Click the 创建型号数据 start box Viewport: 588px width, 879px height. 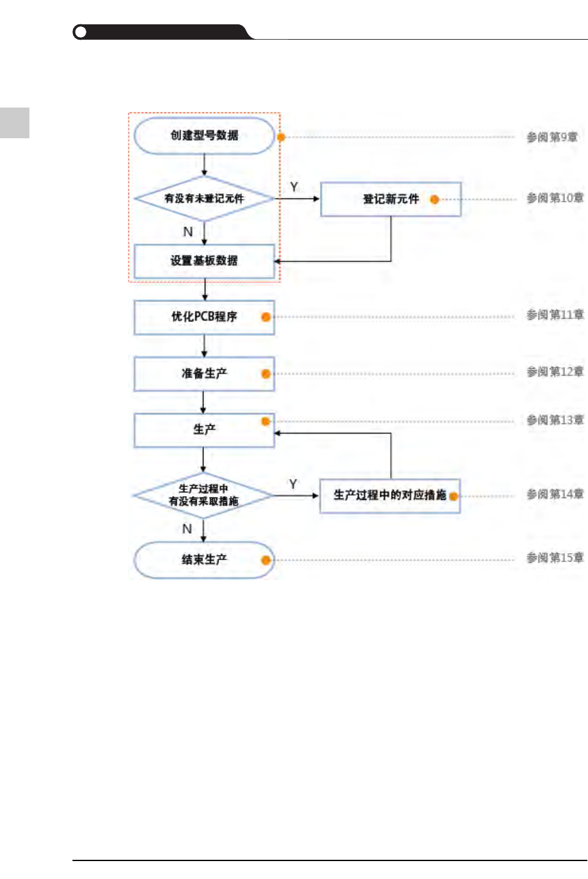(x=204, y=136)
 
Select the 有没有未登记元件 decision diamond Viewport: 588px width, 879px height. (x=204, y=198)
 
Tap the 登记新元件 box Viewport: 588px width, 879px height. (x=390, y=199)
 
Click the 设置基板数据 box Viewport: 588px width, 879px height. (x=204, y=261)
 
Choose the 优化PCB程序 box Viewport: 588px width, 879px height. (x=204, y=317)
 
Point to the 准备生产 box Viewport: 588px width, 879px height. (x=204, y=374)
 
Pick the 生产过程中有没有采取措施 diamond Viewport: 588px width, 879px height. (x=203, y=495)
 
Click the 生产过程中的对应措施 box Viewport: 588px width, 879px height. (x=390, y=496)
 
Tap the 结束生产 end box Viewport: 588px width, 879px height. (x=204, y=560)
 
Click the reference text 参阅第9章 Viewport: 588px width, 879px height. (x=552, y=137)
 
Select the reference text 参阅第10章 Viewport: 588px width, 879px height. (x=555, y=198)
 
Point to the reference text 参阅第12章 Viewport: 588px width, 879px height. (x=555, y=372)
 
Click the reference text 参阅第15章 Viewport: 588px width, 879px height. (x=555, y=558)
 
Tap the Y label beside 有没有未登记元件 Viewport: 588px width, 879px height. (x=294, y=187)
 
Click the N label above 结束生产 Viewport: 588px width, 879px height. (x=187, y=529)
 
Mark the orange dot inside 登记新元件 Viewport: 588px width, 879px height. (x=434, y=200)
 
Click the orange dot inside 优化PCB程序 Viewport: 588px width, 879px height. (x=266, y=317)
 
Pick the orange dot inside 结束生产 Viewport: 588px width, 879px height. (x=266, y=560)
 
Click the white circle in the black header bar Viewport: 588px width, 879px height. (x=81, y=32)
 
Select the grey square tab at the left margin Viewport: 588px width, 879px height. (x=14, y=122)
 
